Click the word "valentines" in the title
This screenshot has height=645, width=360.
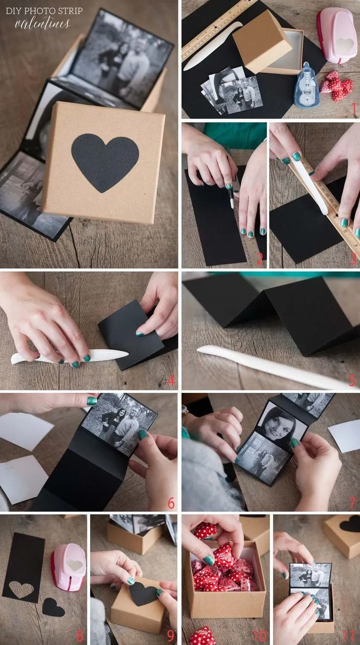43,23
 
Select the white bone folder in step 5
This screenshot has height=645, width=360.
274,367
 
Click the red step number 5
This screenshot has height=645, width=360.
353,380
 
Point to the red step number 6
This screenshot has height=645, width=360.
171,503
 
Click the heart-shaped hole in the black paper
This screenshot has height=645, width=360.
21,589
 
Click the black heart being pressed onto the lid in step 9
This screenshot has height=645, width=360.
142,594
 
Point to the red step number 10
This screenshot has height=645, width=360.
259,636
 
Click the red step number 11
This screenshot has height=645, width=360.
348,636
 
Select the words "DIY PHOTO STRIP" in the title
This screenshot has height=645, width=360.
44,10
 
